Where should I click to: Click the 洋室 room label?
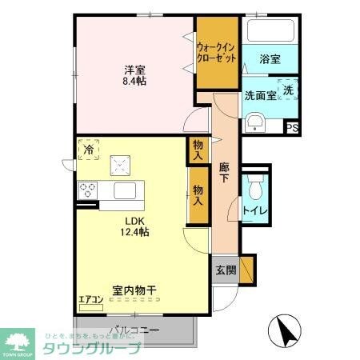point(134,68)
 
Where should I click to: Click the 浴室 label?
point(270,59)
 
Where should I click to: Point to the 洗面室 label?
point(260,95)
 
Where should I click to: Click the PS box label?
point(292,126)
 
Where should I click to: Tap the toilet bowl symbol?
point(255,189)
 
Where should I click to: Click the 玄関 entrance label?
point(226,270)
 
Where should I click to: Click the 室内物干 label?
point(134,292)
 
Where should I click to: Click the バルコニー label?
point(134,330)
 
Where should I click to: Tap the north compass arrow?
point(284,328)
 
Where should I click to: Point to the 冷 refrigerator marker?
point(90,149)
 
